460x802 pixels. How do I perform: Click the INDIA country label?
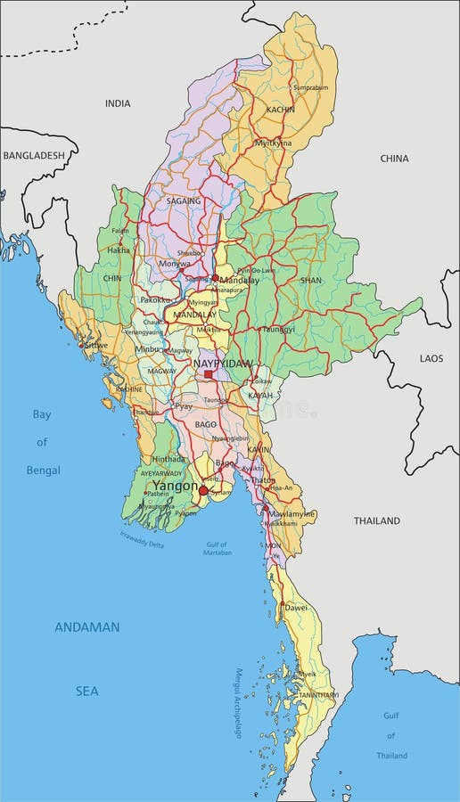tap(118, 103)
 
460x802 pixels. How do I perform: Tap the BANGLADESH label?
tap(34, 155)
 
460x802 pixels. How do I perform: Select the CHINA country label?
tap(394, 159)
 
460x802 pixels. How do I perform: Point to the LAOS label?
tap(431, 357)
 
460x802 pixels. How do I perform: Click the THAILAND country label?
tap(377, 520)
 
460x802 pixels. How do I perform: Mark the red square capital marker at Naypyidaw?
tap(209, 374)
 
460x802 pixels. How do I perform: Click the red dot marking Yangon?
tap(203, 490)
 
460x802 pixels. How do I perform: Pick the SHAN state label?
tap(310, 279)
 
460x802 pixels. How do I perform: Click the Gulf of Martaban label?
tap(216, 548)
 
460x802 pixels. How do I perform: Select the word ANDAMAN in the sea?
tap(86, 626)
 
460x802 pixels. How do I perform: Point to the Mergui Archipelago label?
tap(239, 704)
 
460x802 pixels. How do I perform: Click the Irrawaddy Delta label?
tap(143, 540)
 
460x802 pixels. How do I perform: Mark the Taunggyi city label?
tap(278, 329)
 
